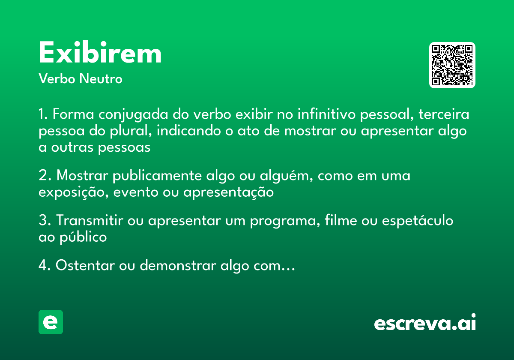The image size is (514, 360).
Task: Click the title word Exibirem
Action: (x=100, y=54)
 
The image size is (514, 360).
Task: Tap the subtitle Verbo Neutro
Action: (x=81, y=79)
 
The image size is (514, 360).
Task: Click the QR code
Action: (x=452, y=65)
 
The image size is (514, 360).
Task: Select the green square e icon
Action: (x=51, y=322)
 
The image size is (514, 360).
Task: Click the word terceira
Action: (x=444, y=115)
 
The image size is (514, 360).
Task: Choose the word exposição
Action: (x=74, y=193)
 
